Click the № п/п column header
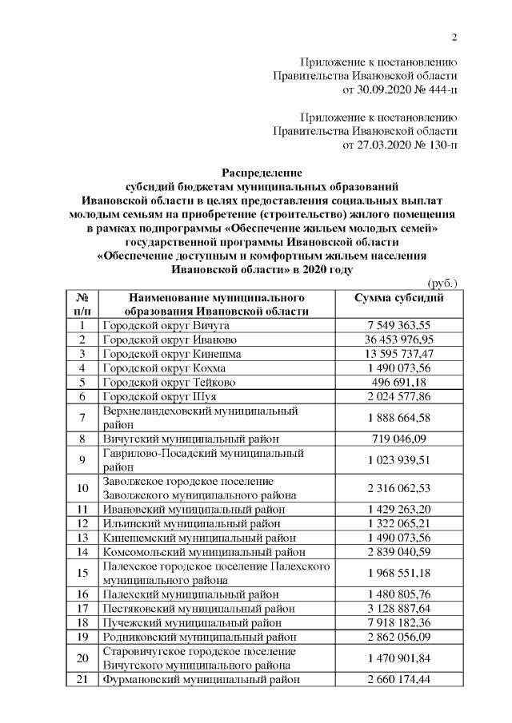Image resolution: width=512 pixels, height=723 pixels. (82, 304)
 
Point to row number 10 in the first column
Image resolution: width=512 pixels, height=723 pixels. (82, 487)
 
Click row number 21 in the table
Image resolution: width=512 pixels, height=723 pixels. (82, 679)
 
